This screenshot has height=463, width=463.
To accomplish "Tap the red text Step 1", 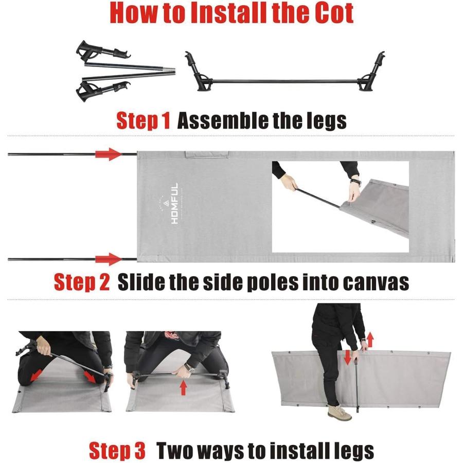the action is pyautogui.click(x=143, y=121).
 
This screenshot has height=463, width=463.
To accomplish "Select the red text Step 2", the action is pyautogui.click(x=82, y=282).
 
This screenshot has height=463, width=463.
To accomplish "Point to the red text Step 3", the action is pyautogui.click(x=117, y=451).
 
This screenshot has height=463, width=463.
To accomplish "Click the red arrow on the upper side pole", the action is pyautogui.click(x=109, y=154).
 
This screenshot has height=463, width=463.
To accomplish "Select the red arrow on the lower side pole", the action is pyautogui.click(x=109, y=259).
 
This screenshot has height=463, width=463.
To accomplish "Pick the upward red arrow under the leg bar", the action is pyautogui.click(x=183, y=388).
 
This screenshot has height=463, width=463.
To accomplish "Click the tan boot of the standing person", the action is pyautogui.click(x=341, y=413).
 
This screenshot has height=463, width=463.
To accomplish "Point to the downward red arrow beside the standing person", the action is pyautogui.click(x=348, y=358).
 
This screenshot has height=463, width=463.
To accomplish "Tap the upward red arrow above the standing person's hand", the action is pyautogui.click(x=370, y=340).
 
